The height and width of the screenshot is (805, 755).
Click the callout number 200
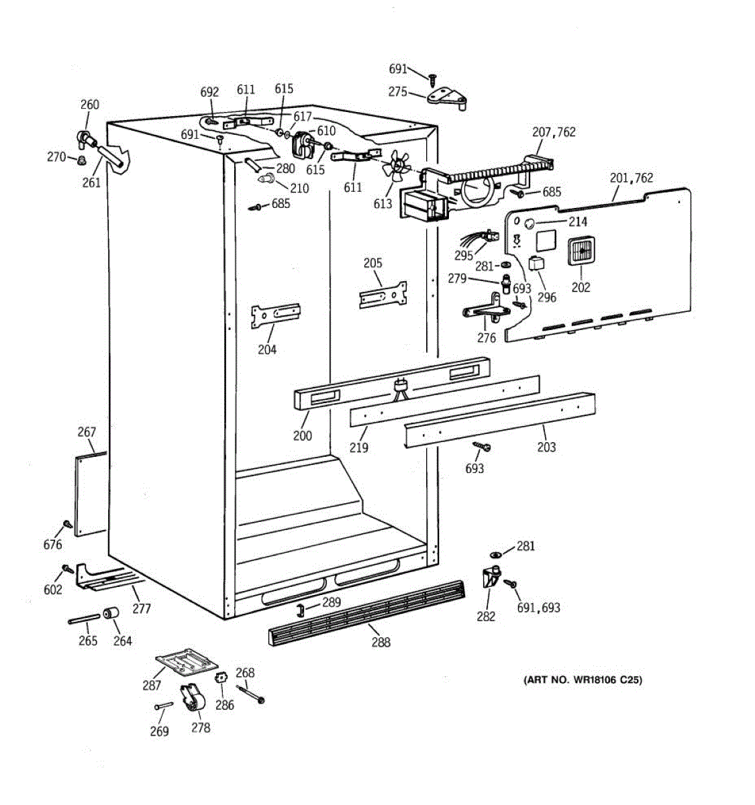tap(302, 435)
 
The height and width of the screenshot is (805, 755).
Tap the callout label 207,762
tap(554, 132)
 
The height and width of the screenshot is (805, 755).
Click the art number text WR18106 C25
tap(583, 680)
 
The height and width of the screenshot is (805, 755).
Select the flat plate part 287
tap(187, 662)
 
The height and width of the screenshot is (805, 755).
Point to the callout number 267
tap(87, 432)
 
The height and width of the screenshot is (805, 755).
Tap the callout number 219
tap(359, 447)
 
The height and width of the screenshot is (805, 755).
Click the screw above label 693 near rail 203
tap(482, 445)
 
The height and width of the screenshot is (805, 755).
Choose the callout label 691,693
tap(538, 608)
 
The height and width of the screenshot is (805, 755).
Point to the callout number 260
tap(89, 105)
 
